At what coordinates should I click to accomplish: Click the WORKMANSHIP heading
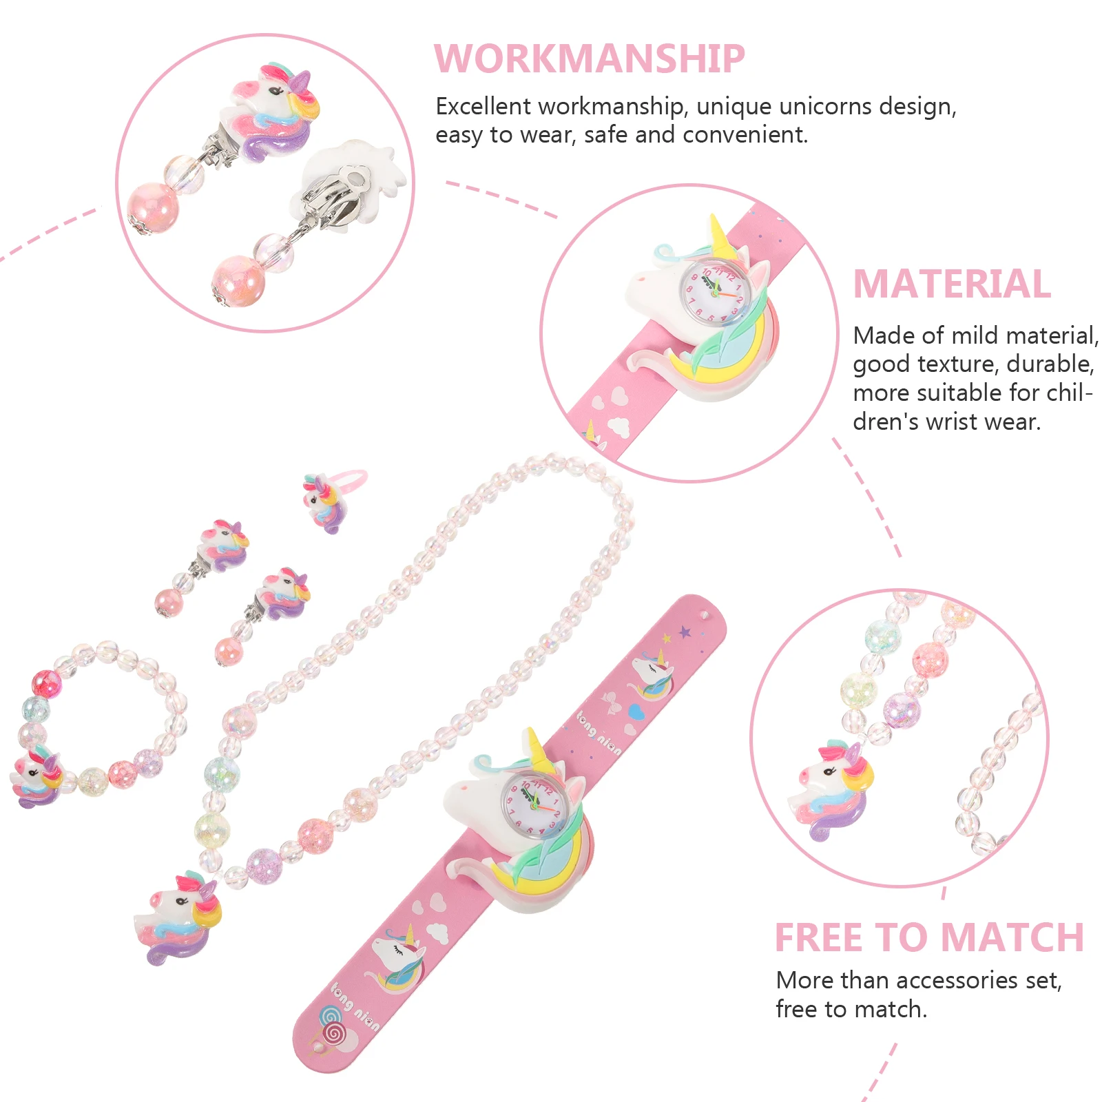[589, 59]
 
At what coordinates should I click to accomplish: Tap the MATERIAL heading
[952, 284]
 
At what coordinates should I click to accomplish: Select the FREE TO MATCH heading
[929, 937]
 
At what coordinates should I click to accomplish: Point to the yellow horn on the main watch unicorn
[534, 747]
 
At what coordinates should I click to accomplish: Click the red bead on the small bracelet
[47, 683]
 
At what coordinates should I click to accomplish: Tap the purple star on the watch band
[685, 631]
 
